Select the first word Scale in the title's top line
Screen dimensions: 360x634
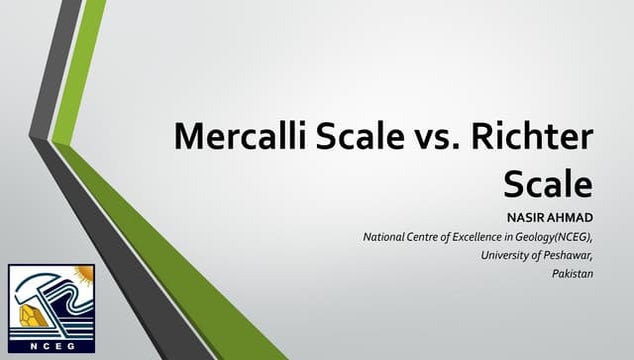coord(355,136)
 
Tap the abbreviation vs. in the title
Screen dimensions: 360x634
coord(434,136)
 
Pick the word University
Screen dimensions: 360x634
coord(503,255)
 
